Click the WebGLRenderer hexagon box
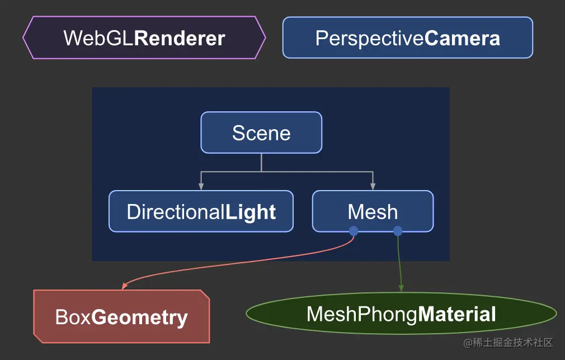click(x=144, y=37)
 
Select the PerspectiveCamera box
click(x=408, y=37)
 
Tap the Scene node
click(x=261, y=132)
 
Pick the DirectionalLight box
click(x=201, y=211)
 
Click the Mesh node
click(x=373, y=211)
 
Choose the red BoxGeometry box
click(x=121, y=316)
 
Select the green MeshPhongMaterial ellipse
click(x=401, y=314)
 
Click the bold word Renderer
click(x=180, y=38)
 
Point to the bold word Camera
click(x=462, y=38)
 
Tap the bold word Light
click(x=251, y=212)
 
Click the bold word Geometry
click(x=140, y=318)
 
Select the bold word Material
click(x=457, y=314)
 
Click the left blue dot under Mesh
click(x=354, y=231)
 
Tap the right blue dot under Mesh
click(x=398, y=231)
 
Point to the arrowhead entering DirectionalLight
click(x=201, y=187)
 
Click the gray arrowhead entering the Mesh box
click(x=373, y=187)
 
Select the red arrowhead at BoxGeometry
click(x=125, y=286)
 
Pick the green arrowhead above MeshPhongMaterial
click(x=401, y=288)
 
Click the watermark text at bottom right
click(x=508, y=342)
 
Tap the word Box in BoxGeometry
click(x=73, y=317)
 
